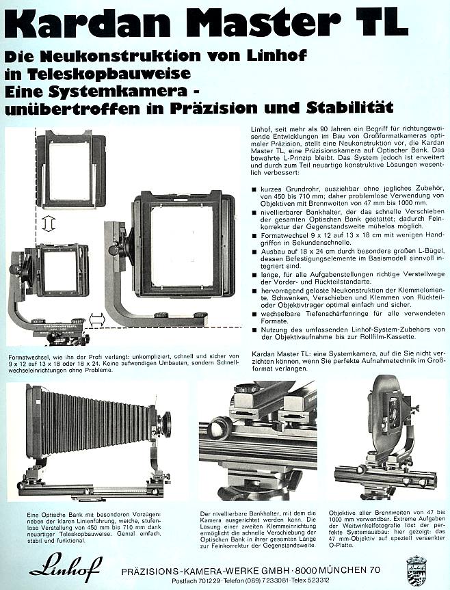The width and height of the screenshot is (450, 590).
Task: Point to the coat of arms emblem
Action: pos(416,567)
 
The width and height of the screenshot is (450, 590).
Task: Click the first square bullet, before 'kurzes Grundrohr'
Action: pos(255,188)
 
